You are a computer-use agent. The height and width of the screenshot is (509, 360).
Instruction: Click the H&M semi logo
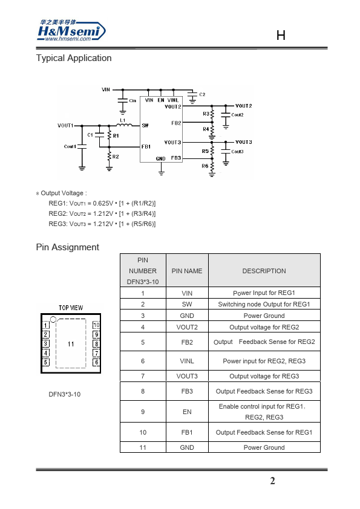(x=71, y=30)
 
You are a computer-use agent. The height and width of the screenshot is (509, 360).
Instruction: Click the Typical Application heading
(x=74, y=58)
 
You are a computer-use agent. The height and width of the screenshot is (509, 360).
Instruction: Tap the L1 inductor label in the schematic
(x=122, y=120)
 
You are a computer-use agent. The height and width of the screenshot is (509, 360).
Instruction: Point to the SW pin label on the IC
(x=145, y=125)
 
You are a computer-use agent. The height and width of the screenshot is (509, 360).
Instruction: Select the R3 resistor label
(x=206, y=114)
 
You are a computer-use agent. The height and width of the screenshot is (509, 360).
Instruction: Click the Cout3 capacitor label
(x=237, y=152)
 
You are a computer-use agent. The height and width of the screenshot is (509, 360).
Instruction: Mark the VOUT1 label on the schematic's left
(x=65, y=125)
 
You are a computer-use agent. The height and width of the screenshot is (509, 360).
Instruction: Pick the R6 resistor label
(x=205, y=166)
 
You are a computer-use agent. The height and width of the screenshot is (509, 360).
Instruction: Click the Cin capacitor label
(x=133, y=100)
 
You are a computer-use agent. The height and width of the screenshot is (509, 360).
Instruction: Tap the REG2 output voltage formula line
(x=102, y=213)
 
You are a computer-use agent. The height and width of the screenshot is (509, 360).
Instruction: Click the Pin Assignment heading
(x=68, y=247)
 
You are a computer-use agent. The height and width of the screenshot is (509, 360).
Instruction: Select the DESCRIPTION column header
(x=264, y=271)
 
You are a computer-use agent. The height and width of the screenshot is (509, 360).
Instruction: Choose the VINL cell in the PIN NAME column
(x=187, y=361)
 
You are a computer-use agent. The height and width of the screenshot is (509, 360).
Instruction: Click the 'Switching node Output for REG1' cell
(x=264, y=304)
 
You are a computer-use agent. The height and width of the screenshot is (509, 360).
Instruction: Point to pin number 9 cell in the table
(x=143, y=412)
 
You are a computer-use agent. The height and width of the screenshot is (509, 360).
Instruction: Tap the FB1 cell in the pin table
(x=187, y=432)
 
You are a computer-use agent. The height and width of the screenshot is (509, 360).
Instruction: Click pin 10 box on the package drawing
(x=96, y=325)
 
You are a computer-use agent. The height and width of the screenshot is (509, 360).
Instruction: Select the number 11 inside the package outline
(x=71, y=344)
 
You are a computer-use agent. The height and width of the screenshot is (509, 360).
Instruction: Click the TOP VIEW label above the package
(x=71, y=308)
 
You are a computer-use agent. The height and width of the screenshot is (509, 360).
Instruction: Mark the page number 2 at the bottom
(x=273, y=481)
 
